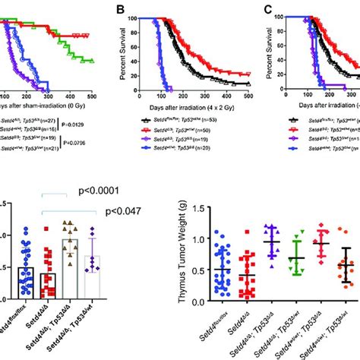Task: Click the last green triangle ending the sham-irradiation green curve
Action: point(93,60)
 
